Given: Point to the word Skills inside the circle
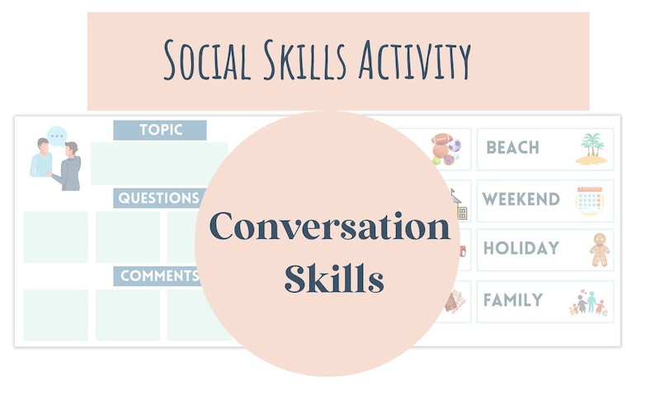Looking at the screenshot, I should click(334, 279).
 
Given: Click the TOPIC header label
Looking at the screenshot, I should click(160, 131).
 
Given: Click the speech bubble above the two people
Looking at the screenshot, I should click(56, 136).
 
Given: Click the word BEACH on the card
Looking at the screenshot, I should click(512, 148).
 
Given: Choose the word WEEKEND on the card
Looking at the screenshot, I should click(521, 199).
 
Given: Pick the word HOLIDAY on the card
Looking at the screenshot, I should click(521, 248).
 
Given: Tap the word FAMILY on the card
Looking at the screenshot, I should click(513, 300).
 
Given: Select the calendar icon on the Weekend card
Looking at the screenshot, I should click(590, 200).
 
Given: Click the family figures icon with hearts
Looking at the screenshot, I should click(587, 303).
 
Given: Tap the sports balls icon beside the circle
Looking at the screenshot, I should click(447, 150).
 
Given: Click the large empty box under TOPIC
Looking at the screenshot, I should click(159, 164).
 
